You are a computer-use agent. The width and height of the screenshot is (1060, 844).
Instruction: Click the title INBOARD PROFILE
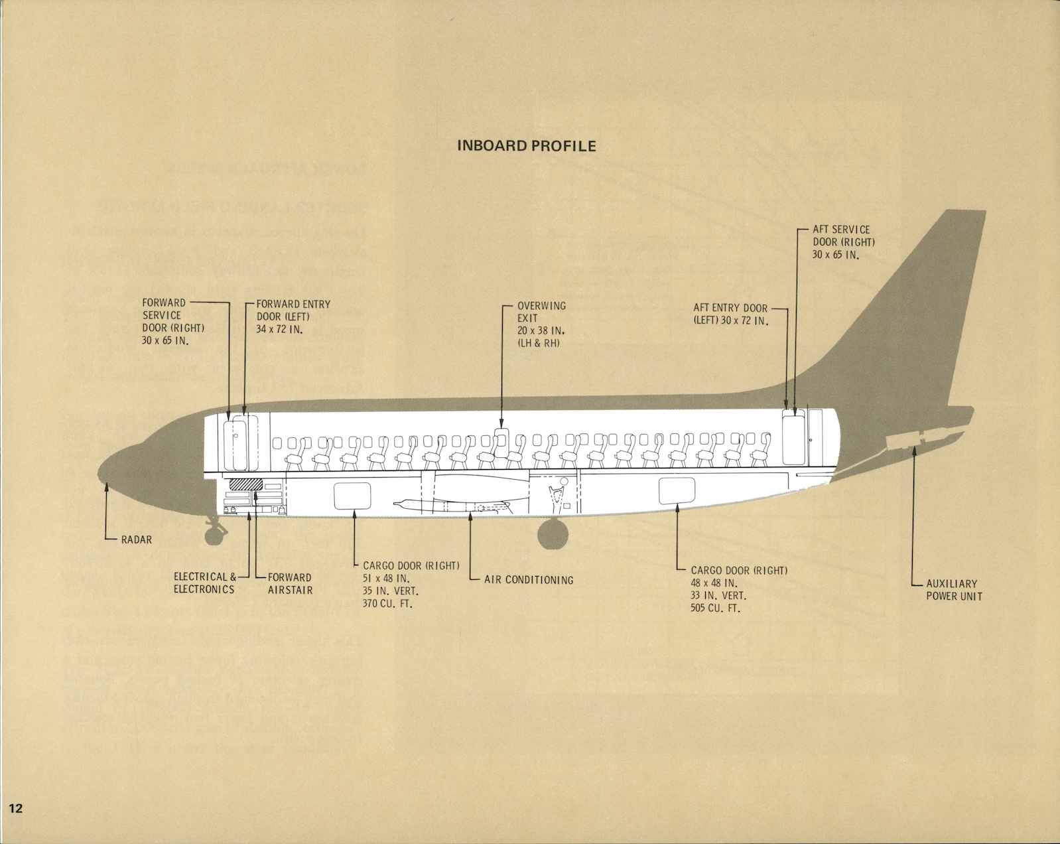(527, 146)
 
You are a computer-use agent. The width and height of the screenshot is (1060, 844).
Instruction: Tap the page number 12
(15, 808)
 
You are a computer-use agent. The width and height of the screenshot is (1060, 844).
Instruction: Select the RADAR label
(136, 540)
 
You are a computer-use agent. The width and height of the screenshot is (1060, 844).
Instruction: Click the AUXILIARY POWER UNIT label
(954, 590)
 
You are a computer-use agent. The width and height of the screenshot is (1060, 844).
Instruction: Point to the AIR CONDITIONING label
(529, 580)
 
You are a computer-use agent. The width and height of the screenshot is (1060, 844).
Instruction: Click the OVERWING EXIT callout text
(541, 324)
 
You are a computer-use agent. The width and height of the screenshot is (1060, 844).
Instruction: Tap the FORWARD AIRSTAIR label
(290, 584)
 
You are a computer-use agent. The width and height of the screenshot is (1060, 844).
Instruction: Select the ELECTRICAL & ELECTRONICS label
(204, 583)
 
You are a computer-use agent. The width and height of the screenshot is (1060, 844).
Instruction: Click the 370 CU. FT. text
(387, 604)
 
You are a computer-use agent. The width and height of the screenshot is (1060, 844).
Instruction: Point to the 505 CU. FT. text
(715, 608)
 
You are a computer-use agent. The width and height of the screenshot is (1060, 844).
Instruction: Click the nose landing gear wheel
(213, 535)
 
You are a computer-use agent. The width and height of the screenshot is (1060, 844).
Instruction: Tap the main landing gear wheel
(553, 535)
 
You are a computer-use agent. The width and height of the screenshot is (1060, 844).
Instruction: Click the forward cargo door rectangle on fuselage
(352, 496)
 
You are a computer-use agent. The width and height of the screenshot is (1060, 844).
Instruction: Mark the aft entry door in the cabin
(793, 437)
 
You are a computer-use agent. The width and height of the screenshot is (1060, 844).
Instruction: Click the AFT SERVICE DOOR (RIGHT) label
(843, 242)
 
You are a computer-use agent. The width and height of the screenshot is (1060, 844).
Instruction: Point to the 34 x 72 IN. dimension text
(279, 330)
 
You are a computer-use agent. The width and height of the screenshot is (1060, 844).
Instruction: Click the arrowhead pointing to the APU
(913, 450)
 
